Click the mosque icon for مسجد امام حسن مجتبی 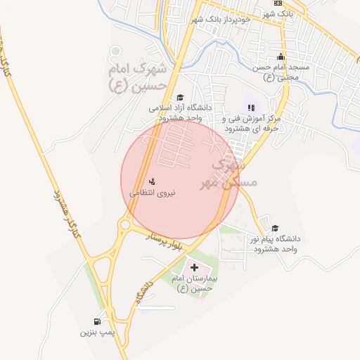click(x=281, y=56)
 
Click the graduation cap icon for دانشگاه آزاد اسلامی click(x=180, y=98)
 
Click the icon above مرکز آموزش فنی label click(x=251, y=107)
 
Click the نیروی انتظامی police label click(x=153, y=191)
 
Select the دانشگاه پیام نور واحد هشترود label click(x=276, y=243)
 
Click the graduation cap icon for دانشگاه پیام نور click(x=275, y=228)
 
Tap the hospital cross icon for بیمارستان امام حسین click(x=195, y=268)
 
